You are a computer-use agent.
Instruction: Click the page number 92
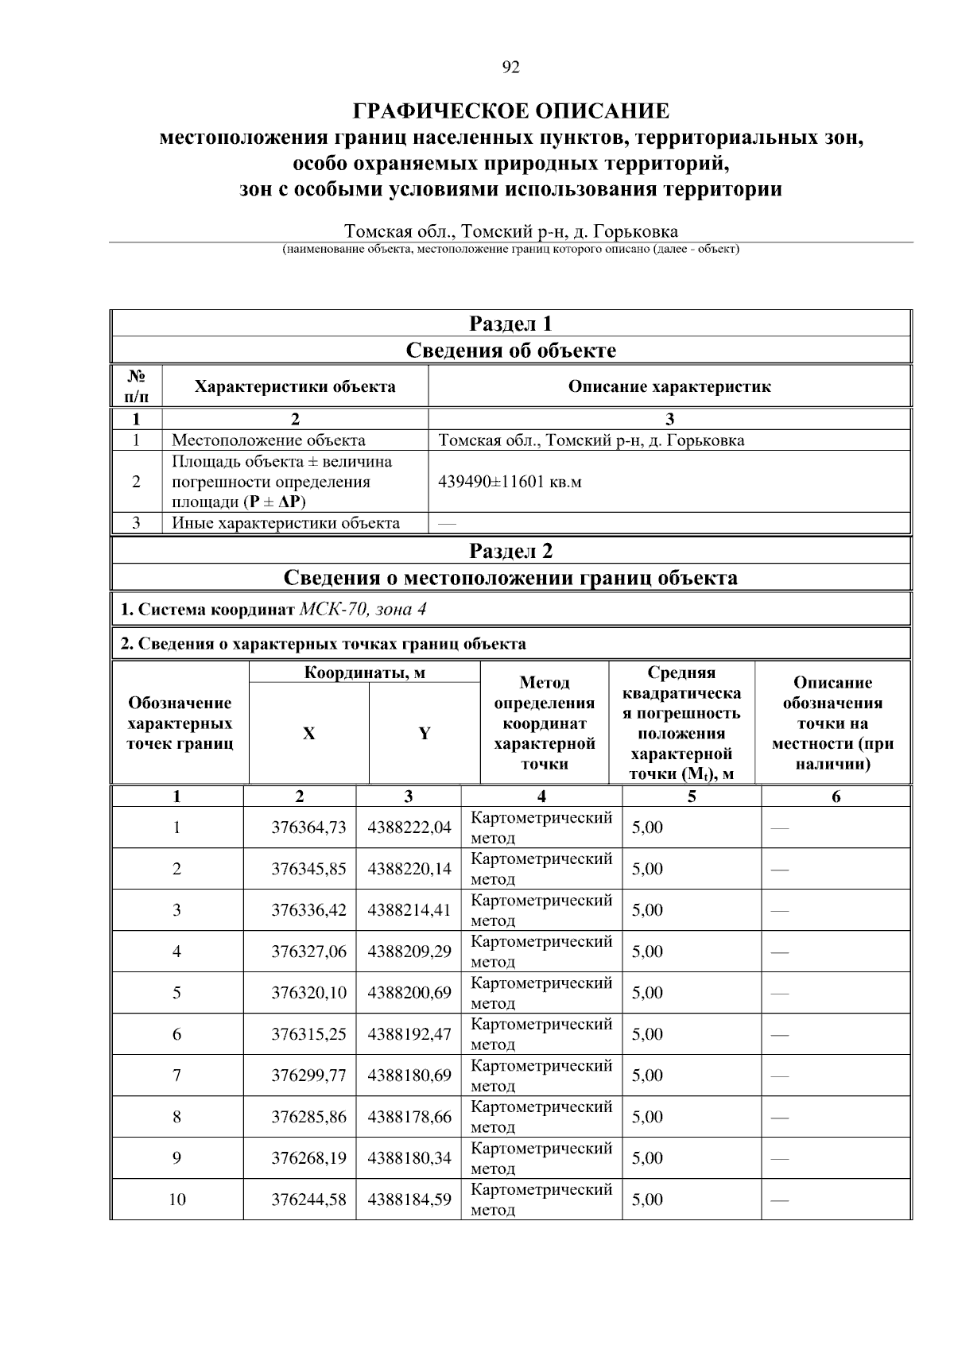510,68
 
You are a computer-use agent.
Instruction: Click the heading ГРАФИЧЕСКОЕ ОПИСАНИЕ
510,110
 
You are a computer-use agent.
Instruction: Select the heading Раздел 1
510,324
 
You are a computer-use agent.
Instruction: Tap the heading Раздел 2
510,551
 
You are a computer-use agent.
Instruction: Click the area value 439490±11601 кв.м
510,482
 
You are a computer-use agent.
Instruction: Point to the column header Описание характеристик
669,387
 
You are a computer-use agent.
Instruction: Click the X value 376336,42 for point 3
308,910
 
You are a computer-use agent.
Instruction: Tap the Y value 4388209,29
409,952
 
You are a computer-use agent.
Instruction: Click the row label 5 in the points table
176,993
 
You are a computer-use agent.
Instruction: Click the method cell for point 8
541,1116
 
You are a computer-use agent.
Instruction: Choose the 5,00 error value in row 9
647,1158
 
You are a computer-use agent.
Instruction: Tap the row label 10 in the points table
176,1200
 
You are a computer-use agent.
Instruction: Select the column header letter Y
425,734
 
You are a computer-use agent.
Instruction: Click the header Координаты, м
365,673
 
